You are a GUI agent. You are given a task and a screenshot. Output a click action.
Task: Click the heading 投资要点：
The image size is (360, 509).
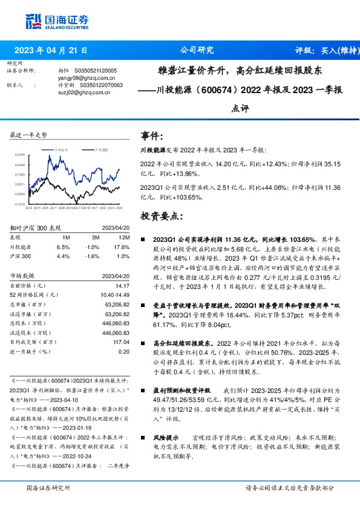click(162, 215)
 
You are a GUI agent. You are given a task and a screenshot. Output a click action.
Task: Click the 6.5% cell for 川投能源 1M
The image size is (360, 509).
click(62, 247)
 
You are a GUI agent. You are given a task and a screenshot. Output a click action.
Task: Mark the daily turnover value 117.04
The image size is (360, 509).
click(122, 342)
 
